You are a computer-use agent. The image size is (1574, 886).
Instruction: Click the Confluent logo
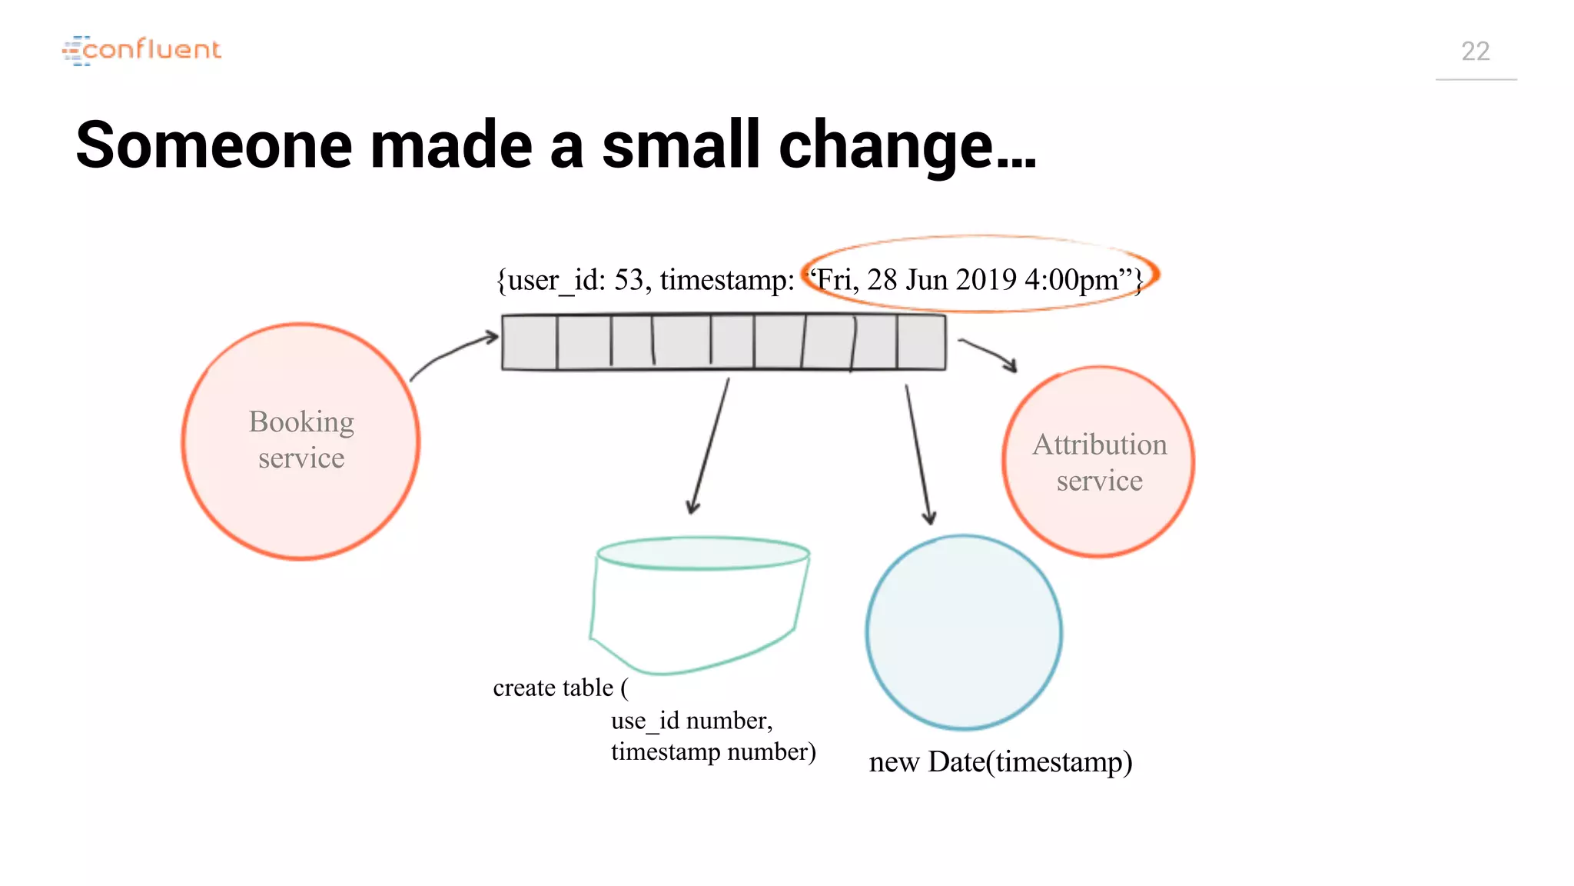pos(142,50)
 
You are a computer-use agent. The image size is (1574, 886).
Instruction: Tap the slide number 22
pos(1475,52)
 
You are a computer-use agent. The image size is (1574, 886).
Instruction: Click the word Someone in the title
pos(214,145)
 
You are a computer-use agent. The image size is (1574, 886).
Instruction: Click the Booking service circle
pos(301,441)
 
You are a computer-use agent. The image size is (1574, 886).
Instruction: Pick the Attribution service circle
pos(1098,461)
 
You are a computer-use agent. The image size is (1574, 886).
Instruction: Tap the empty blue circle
pos(964,632)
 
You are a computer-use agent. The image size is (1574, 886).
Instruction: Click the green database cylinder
pos(699,604)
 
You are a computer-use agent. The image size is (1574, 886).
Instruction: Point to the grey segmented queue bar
pos(723,342)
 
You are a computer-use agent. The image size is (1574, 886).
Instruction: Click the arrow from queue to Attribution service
pos(988,354)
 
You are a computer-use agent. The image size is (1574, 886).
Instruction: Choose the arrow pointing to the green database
pos(709,446)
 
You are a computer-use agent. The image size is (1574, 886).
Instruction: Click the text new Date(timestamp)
pos(1000,762)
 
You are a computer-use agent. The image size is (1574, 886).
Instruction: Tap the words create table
pos(553,688)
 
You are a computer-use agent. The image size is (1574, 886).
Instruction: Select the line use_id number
pos(692,721)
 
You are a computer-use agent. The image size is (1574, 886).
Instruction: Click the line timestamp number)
pos(712,751)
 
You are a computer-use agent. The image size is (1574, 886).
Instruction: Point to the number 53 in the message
pos(629,280)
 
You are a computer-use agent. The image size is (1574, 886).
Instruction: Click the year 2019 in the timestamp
pos(986,280)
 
